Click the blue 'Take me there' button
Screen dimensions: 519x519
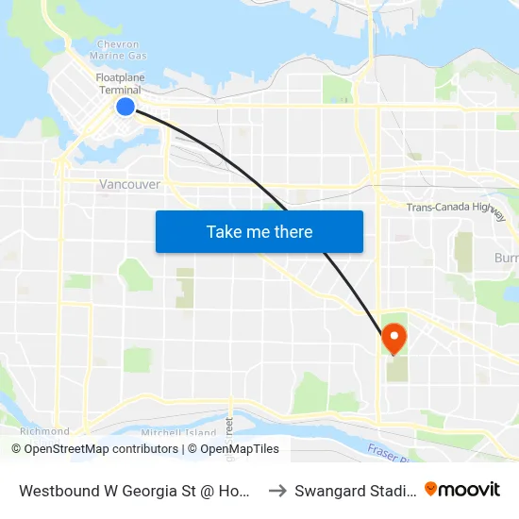point(259,231)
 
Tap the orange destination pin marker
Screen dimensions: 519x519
point(393,338)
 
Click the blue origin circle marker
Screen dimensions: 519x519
point(126,106)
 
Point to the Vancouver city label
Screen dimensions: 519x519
point(129,185)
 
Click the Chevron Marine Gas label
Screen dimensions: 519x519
point(118,50)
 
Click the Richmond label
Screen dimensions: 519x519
point(44,431)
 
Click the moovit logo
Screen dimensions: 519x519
point(462,490)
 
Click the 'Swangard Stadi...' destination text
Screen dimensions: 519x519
point(355,491)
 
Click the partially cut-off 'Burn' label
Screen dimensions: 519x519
point(506,258)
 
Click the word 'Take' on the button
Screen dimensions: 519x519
point(223,231)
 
